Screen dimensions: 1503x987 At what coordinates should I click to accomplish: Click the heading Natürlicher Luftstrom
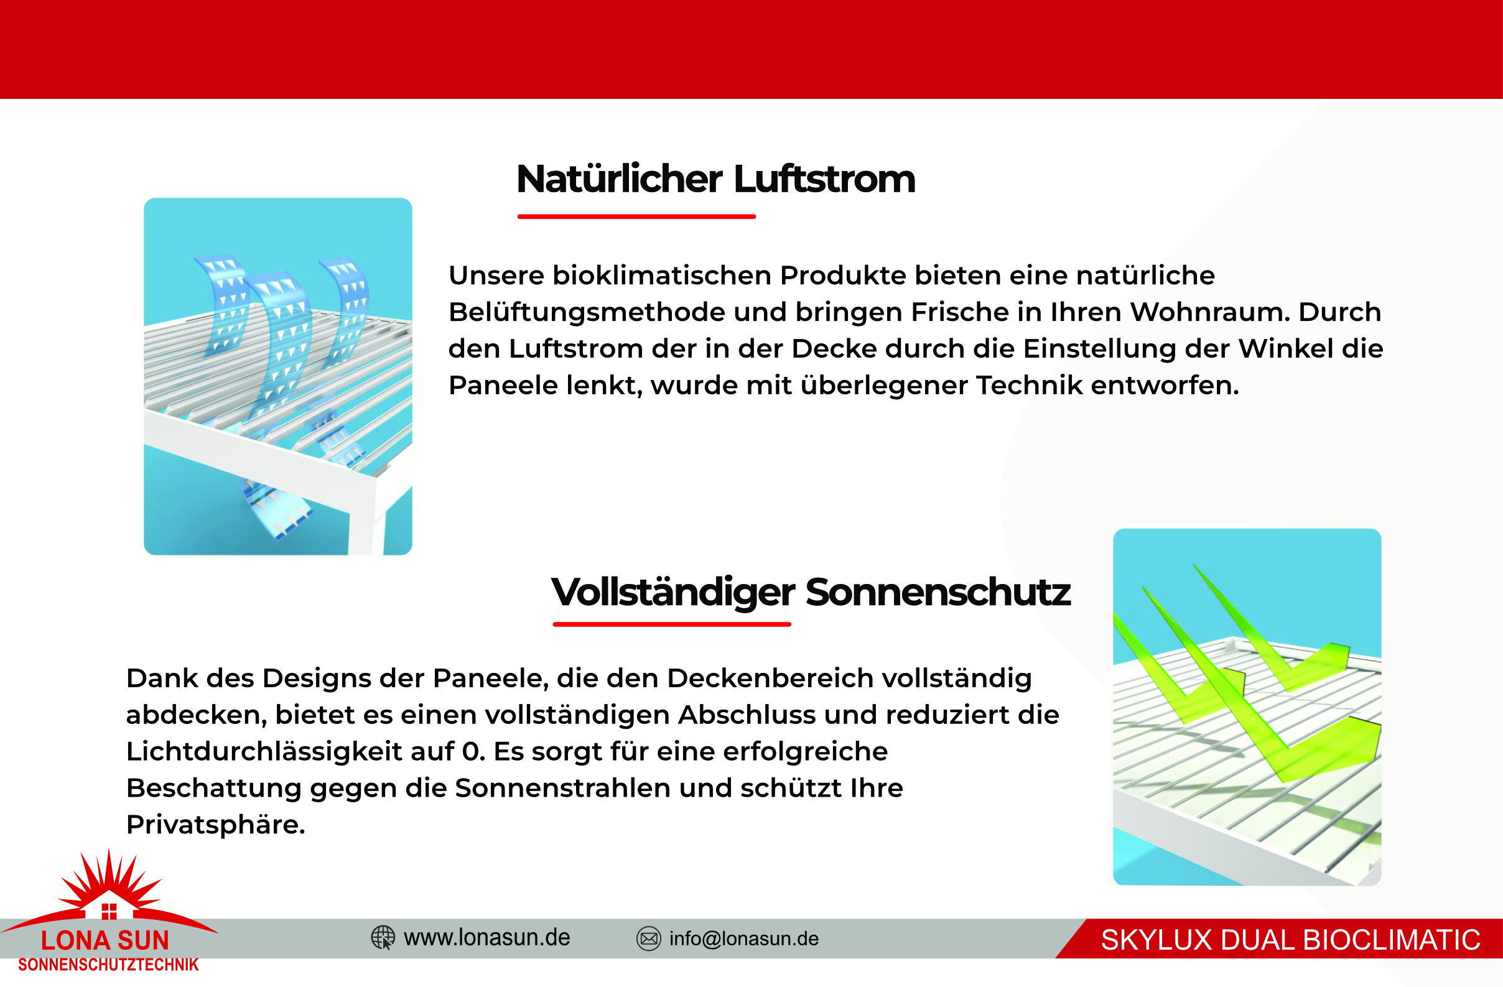(x=715, y=178)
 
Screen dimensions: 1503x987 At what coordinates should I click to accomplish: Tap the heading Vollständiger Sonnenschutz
(x=811, y=593)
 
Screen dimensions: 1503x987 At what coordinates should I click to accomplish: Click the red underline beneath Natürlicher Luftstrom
(x=636, y=216)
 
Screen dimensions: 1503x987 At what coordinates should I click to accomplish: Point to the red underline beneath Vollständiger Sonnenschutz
(x=672, y=624)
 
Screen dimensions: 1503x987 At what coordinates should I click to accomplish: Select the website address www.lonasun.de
(x=487, y=938)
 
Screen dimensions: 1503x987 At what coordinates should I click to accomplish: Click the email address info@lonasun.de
(x=744, y=939)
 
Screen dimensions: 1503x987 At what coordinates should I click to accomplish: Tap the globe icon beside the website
(x=383, y=938)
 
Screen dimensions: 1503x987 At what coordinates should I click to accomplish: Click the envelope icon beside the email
(x=649, y=939)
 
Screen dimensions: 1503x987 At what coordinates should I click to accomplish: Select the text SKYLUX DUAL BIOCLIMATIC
(x=1291, y=940)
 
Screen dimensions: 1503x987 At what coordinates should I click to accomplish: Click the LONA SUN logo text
(x=106, y=941)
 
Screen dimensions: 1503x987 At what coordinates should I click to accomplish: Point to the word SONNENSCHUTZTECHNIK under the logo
(x=109, y=965)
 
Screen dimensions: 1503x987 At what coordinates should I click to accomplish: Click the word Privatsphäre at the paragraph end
(x=216, y=825)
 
